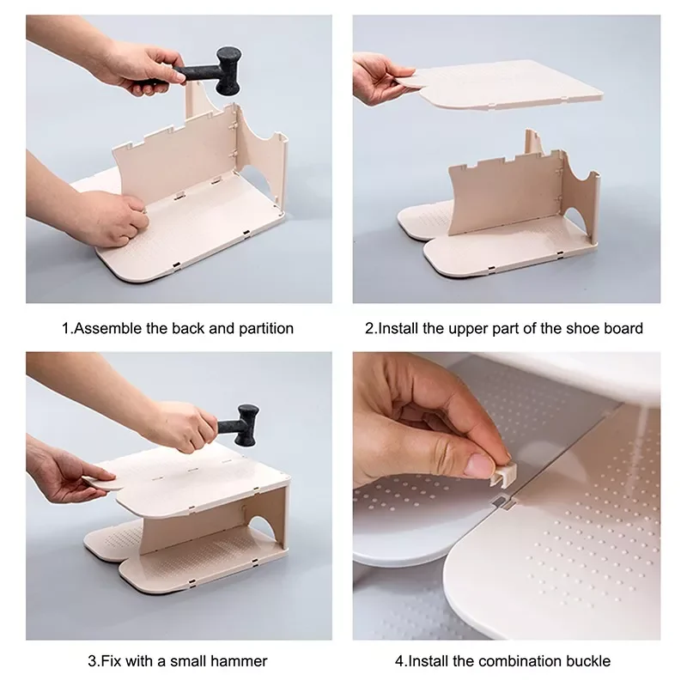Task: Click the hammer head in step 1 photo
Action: [228, 70]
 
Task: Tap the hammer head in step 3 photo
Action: [247, 425]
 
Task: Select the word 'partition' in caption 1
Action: [266, 329]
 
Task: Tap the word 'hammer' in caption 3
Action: [239, 660]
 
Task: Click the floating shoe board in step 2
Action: [508, 84]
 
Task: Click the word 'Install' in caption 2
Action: [398, 328]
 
